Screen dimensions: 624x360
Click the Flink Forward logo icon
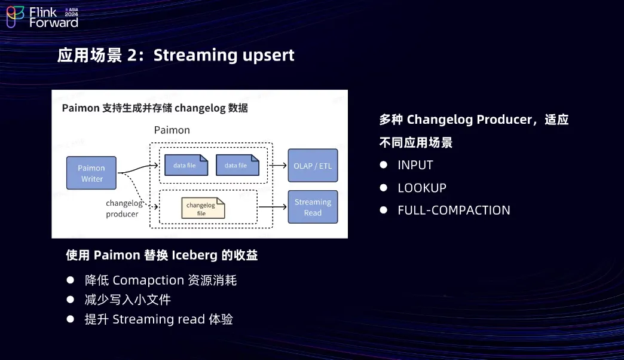pos(15,17)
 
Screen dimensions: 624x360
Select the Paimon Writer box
pos(91,173)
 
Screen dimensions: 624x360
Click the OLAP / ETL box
pos(313,166)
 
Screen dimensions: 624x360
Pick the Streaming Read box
pos(313,207)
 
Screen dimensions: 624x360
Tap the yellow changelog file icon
pos(203,208)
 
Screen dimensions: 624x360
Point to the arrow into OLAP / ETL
pos(278,165)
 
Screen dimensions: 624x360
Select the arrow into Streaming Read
pos(272,207)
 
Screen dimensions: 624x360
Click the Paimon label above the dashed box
pos(172,130)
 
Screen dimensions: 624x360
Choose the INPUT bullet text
pos(415,165)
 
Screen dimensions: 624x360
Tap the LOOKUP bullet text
pos(422,188)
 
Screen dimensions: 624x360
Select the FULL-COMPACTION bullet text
pos(454,210)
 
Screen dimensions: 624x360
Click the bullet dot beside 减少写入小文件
pos(71,300)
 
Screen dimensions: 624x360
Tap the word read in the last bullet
pos(191,319)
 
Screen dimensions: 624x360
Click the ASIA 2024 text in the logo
pos(71,12)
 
